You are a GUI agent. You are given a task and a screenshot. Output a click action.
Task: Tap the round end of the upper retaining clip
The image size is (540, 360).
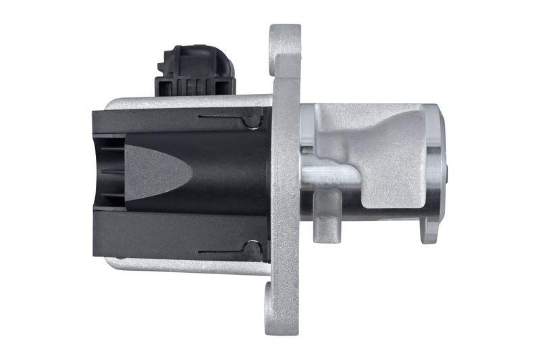tap(252, 121)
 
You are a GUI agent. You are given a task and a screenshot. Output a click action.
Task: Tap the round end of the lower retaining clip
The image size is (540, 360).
tap(252, 251)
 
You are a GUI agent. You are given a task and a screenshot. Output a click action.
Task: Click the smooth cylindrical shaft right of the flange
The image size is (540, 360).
tap(331, 177)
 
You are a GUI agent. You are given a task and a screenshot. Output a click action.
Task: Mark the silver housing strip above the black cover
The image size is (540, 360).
tap(182, 103)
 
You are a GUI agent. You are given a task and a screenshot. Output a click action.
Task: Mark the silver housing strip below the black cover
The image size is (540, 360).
tap(182, 265)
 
